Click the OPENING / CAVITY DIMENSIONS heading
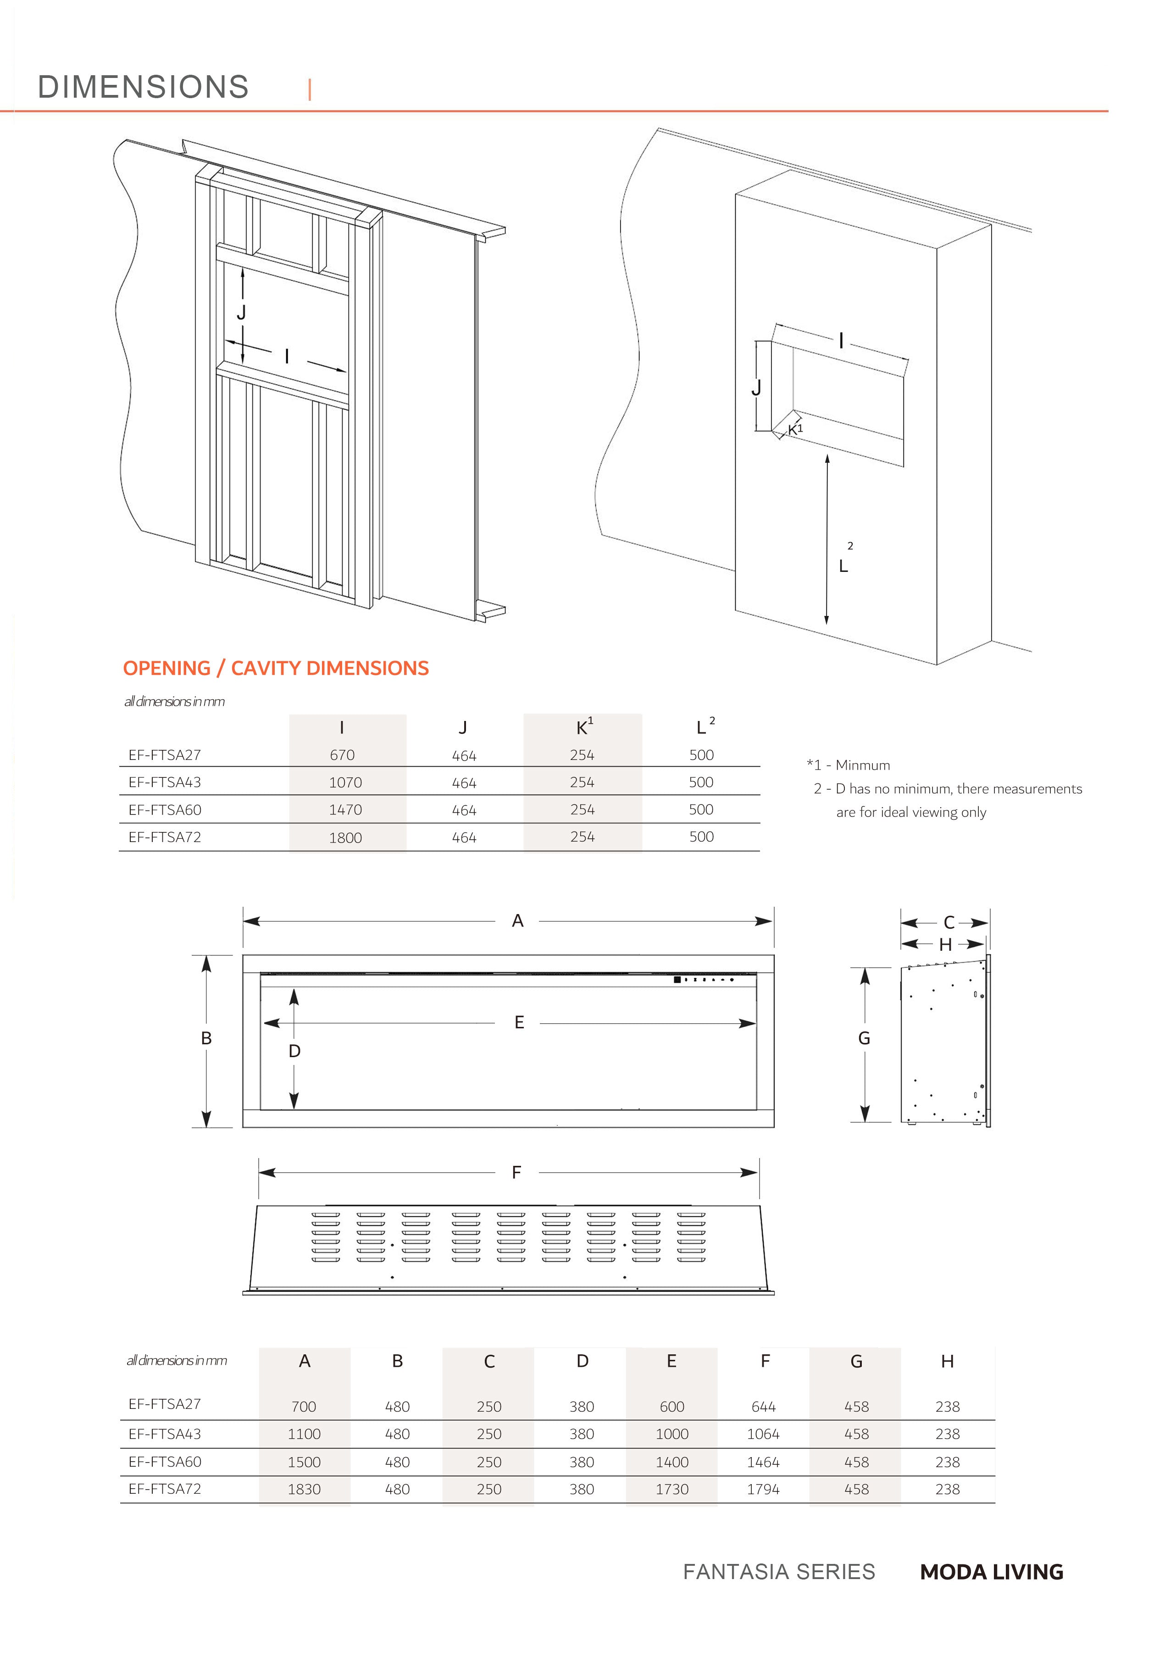tap(275, 668)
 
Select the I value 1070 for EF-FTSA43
tap(345, 782)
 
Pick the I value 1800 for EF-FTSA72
tap(345, 837)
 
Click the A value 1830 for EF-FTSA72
tap(304, 1489)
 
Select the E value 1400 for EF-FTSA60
tap(671, 1462)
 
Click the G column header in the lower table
tap(856, 1362)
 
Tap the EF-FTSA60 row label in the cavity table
tap(165, 810)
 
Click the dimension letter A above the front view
tap(517, 920)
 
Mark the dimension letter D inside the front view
tap(294, 1051)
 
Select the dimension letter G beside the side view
tap(864, 1039)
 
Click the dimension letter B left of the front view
tap(206, 1039)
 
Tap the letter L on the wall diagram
tap(843, 566)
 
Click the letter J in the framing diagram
tap(242, 312)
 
